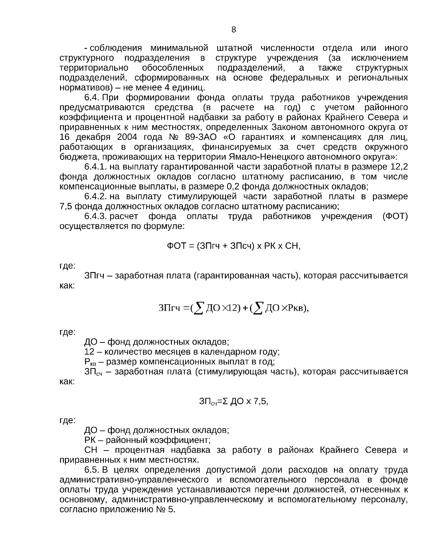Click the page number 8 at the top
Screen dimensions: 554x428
pyautogui.click(x=234, y=30)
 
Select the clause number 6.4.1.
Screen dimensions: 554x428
pyautogui.click(x=96, y=167)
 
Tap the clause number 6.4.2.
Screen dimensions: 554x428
pyautogui.click(x=96, y=197)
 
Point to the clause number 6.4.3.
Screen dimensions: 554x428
pyautogui.click(x=96, y=217)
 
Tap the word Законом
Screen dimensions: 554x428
pyautogui.click(x=287, y=127)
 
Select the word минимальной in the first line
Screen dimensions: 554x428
pyautogui.click(x=179, y=48)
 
